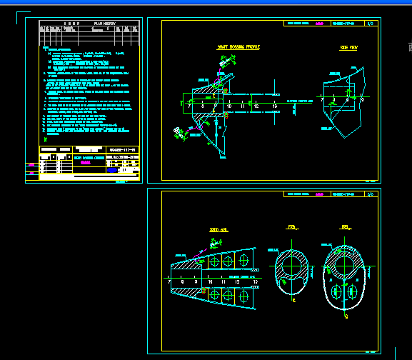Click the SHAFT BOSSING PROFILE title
pyautogui.click(x=238, y=47)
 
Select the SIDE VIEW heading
pyautogui.click(x=348, y=48)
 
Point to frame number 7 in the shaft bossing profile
pyautogui.click(x=191, y=106)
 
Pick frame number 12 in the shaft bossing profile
pyautogui.click(x=255, y=106)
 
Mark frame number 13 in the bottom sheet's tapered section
pyautogui.click(x=255, y=283)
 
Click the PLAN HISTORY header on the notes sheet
pyautogui.click(x=105, y=23)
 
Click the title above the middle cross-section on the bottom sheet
pyautogui.click(x=291, y=227)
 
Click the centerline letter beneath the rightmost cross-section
pyautogui.click(x=346, y=314)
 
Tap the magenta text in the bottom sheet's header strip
pyautogui.click(x=319, y=194)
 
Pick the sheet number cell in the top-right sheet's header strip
pyautogui.click(x=370, y=24)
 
